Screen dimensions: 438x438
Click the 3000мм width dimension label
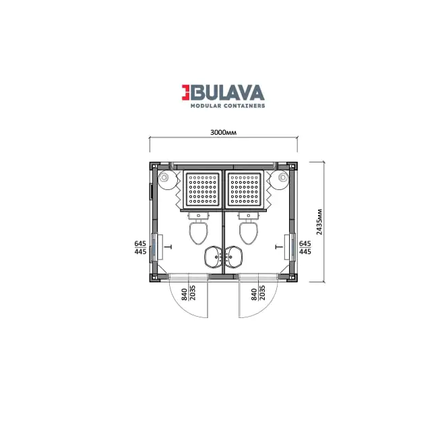point(223,132)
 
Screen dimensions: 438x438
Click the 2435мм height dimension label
point(319,222)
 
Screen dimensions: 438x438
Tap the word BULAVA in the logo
point(227,92)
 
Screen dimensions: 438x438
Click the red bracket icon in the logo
point(186,92)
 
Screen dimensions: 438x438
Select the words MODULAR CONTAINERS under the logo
point(228,106)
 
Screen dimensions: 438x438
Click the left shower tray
point(203,189)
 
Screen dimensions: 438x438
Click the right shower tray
point(245,189)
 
